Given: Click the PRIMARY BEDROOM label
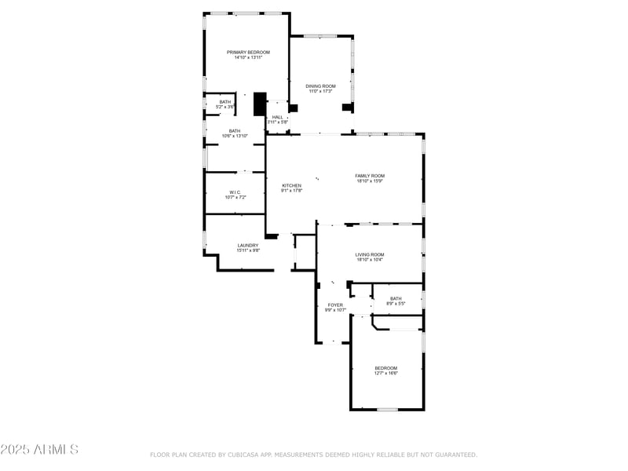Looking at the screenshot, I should pos(248,52).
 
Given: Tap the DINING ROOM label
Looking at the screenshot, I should pos(320,86).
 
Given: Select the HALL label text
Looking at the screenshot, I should pos(278,117).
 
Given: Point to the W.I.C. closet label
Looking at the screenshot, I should pos(234,192).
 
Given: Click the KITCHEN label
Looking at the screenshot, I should pos(291,185).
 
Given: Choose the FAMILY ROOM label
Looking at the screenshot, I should pos(370,176).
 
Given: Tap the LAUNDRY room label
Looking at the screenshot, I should pos(248,245).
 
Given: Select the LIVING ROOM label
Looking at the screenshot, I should pos(370,254).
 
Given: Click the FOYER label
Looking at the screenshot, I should pos(335,305).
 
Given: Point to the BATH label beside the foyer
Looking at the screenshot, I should pos(396,298).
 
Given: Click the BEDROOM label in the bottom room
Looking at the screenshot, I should pos(385,368).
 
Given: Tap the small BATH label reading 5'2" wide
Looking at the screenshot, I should pos(225,101).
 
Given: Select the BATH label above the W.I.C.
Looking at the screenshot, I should pos(235,131).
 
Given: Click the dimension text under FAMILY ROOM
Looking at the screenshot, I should pos(370,181).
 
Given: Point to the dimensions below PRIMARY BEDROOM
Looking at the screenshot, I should pos(248,57).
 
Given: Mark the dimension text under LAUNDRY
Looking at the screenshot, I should pos(248,250).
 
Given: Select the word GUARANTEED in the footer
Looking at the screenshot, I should pos(454,455).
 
